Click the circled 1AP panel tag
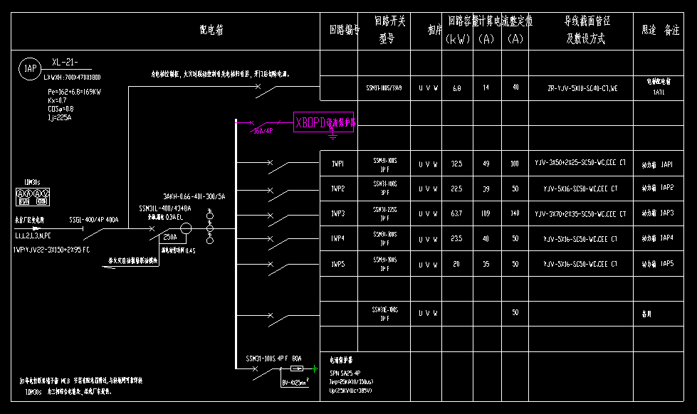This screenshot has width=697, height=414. pos(30,68)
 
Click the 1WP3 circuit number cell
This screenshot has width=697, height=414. pos(337,213)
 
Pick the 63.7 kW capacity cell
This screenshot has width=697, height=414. pos(456,213)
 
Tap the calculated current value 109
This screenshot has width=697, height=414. pos(486,213)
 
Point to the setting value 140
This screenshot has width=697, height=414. pos(515,213)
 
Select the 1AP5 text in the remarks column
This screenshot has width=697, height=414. pos(666,264)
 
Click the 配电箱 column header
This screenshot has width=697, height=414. pos(211,30)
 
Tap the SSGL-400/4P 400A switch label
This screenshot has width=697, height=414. pos(93,220)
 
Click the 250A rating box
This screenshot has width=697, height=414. pos(170,237)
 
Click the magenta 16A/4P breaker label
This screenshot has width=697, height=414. pos(262,131)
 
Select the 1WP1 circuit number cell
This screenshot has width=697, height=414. pos(337,164)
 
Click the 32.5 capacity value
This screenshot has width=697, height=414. pos(456,164)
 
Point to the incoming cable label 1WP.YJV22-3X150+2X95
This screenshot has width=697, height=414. pos(51,250)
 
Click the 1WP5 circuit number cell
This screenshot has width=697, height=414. pos(337,264)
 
